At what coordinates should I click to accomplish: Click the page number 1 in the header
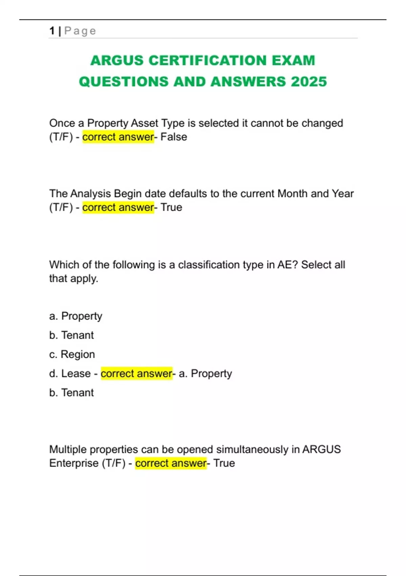52,31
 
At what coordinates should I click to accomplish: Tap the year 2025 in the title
309,82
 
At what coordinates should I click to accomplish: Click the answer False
174,137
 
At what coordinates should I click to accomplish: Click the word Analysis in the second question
90,193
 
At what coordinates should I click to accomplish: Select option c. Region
72,354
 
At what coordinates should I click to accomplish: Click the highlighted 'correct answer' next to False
118,137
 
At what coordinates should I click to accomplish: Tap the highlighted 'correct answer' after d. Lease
137,373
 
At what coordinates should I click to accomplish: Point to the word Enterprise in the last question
74,463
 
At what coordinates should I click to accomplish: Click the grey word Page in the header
80,31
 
